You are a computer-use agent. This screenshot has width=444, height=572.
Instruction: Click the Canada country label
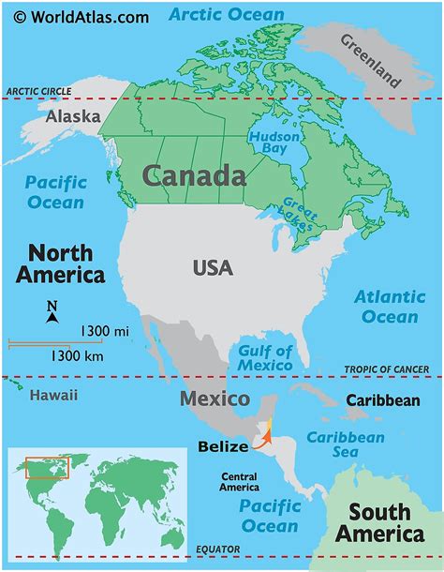point(195,175)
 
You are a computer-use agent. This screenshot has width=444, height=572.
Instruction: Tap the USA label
point(213,268)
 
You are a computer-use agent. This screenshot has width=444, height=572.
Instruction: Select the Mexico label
point(215,399)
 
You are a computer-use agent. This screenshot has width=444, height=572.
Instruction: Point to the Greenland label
point(370,62)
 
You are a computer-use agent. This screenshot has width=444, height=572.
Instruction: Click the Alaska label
point(73,118)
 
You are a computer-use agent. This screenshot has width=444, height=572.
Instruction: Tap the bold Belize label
point(223,447)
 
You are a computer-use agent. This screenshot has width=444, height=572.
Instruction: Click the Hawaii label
point(53,395)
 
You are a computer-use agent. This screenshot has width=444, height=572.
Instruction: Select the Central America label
point(239,483)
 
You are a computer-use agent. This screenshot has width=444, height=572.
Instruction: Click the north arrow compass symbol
point(52,311)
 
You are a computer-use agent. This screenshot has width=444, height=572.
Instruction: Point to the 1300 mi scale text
point(105,331)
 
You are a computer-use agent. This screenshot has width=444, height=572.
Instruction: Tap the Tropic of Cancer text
point(392,370)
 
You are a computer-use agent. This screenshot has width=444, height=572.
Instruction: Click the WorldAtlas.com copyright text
point(77,16)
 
